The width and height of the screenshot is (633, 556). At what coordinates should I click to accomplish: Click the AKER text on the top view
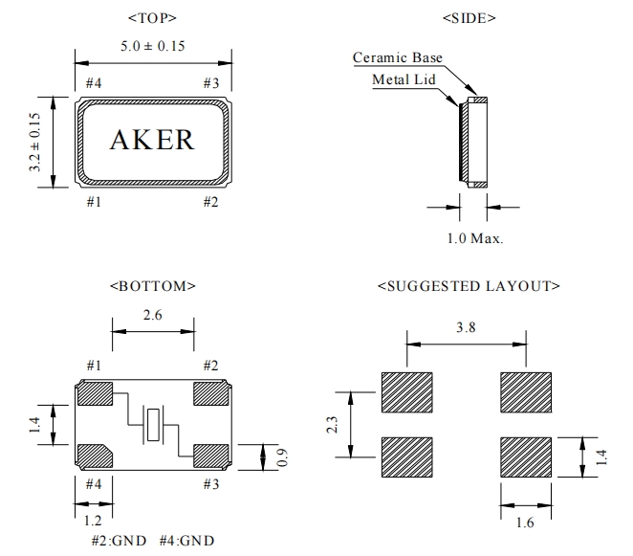(x=153, y=140)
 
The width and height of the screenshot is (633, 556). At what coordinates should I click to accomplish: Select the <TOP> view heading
(x=152, y=18)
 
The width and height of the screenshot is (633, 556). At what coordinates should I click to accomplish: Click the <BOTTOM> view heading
(x=153, y=285)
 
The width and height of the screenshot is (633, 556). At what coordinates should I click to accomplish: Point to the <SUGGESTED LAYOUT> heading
(x=469, y=285)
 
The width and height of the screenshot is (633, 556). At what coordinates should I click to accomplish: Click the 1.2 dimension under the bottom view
(x=93, y=520)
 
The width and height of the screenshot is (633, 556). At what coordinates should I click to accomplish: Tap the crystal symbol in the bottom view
(x=154, y=424)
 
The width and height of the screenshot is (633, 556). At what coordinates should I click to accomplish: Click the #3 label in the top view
(x=211, y=83)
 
